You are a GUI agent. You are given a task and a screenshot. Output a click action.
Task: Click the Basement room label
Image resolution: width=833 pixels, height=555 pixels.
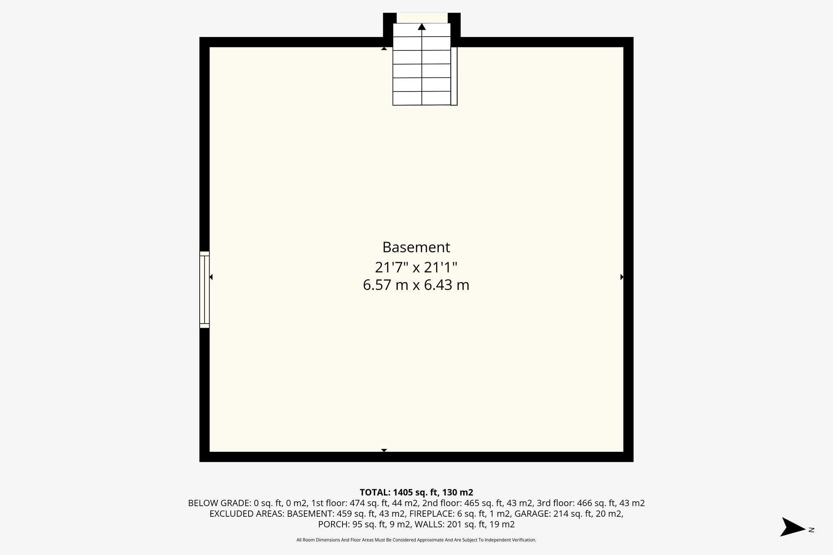416,247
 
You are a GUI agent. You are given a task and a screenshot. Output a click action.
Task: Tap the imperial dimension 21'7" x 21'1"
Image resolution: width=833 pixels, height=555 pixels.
416,268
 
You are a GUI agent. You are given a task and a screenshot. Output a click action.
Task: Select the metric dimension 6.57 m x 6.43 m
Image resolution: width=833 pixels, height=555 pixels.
416,285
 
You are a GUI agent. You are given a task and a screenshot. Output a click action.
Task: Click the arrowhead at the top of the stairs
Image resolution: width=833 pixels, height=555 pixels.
422,27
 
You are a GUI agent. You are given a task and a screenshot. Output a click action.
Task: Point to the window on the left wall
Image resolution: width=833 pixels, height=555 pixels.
204,289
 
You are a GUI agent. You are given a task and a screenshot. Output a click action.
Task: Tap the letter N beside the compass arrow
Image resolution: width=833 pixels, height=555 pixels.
811,529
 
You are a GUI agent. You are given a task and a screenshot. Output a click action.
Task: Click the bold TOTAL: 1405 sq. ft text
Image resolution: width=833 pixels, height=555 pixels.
416,492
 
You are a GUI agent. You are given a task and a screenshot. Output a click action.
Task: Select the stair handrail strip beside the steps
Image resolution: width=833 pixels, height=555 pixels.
454,76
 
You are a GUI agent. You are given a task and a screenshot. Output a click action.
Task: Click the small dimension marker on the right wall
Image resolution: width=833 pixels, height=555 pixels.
621,277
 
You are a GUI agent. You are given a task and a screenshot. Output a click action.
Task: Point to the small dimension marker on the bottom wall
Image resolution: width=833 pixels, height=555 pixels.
384,450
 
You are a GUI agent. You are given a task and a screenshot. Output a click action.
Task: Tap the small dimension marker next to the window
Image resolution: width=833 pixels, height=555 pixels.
211,277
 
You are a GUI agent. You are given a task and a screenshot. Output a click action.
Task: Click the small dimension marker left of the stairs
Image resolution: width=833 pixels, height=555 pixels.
384,49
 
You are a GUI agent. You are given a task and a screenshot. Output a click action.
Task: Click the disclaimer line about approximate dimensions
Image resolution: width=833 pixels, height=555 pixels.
416,540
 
